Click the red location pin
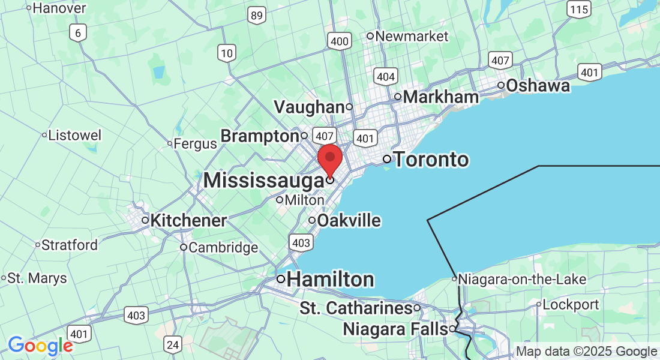pos(329,160)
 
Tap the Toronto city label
pos(430,160)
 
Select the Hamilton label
pos(331,280)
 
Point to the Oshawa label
pos(538,86)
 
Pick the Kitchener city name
pos(188,221)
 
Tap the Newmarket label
pos(412,36)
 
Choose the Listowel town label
pos(75,135)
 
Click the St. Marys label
pos(37,278)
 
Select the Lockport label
pos(572,304)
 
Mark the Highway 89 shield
pos(257,16)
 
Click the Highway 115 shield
pos(580,9)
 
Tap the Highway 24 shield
pos(173,344)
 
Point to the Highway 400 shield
pos(340,41)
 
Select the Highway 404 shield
pos(385,76)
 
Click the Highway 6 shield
pos(77,32)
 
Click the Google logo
pos(40,346)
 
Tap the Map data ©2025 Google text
pos(586,352)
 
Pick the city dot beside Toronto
pos(387,159)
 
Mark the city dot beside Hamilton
pos(280,279)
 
